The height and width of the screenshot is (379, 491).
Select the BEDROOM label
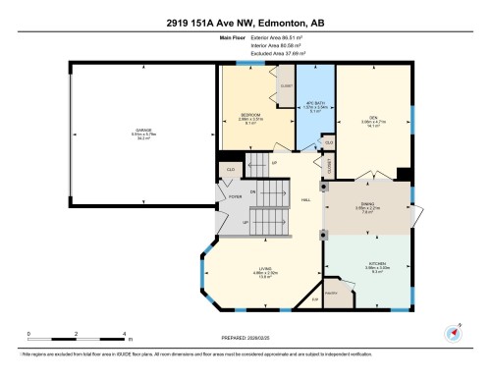[x=250, y=115]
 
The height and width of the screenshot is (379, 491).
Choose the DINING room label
[x=365, y=204]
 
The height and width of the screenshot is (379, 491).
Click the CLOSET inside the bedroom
[x=286, y=85]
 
